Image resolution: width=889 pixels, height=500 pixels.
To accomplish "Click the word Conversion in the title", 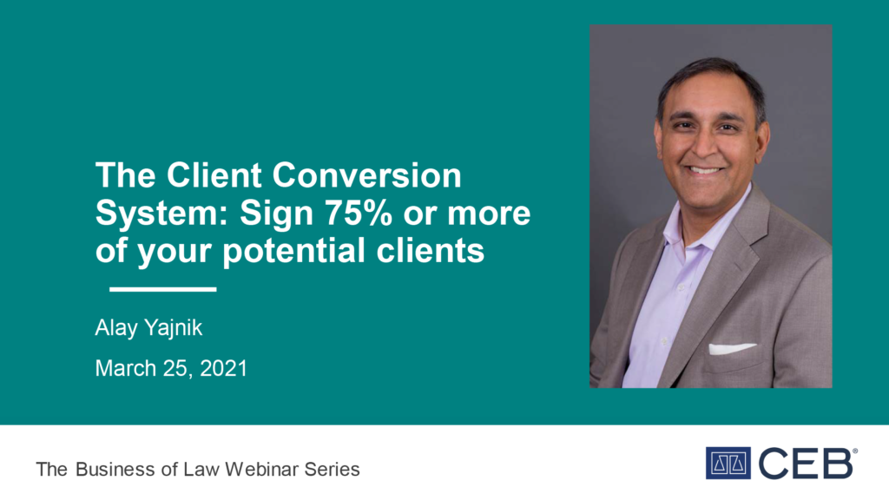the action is (x=367, y=175).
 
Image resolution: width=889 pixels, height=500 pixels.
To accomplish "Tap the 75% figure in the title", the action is (x=359, y=214).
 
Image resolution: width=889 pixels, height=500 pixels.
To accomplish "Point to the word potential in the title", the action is (x=293, y=252).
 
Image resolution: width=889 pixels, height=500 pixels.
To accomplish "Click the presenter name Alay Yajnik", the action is (x=148, y=328).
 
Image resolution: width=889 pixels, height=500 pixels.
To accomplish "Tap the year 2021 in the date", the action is (x=223, y=368).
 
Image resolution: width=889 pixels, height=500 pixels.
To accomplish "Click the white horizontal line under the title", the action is (x=162, y=289).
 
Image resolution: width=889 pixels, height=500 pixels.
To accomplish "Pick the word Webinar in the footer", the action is (x=261, y=470).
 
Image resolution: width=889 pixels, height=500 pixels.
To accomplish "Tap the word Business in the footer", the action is (x=115, y=470).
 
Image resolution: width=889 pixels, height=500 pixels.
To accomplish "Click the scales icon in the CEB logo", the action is (x=728, y=464).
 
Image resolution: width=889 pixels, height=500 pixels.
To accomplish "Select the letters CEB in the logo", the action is (x=805, y=464).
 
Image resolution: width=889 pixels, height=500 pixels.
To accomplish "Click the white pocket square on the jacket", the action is (x=731, y=348).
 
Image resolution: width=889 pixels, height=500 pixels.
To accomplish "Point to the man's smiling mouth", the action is (x=703, y=169).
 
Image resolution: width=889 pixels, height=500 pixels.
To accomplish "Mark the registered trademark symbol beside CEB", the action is (x=855, y=451).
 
